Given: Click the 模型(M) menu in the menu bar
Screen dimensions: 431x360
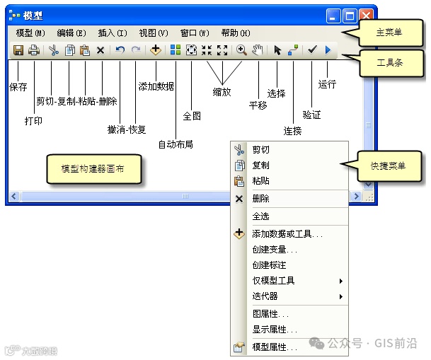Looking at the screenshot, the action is pyautogui.click(x=30, y=33).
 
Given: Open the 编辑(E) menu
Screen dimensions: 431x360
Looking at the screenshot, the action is pyautogui.click(x=71, y=33).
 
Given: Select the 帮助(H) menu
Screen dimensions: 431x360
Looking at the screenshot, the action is pyautogui.click(x=236, y=33).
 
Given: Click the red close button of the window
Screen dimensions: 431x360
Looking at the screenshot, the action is pyautogui.click(x=366, y=15).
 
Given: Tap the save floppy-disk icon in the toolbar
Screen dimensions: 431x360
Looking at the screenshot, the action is pyautogui.click(x=18, y=50).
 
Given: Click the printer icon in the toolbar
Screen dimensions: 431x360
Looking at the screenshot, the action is pyautogui.click(x=33, y=50).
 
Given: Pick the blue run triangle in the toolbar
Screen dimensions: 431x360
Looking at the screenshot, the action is pyautogui.click(x=328, y=50).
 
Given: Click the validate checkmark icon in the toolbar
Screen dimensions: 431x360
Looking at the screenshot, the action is pyautogui.click(x=311, y=50).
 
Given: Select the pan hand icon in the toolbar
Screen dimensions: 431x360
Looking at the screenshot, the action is pyautogui.click(x=258, y=50).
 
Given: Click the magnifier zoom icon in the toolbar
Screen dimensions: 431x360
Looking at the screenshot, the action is pyautogui.click(x=241, y=50).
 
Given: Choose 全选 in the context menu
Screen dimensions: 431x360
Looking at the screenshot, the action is pyautogui.click(x=260, y=216).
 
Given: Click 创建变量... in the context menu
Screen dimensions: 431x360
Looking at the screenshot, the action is pyautogui.click(x=275, y=249).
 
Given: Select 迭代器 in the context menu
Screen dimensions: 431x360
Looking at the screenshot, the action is pyautogui.click(x=265, y=296).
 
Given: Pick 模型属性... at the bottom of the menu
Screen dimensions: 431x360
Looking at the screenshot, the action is pyautogui.click(x=275, y=347).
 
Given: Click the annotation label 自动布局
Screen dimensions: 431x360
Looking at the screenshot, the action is pyautogui.click(x=176, y=144).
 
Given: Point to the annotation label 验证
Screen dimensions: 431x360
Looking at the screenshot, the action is pyautogui.click(x=311, y=114).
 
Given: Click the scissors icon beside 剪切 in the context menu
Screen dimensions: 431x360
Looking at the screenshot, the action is pyautogui.click(x=239, y=150).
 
